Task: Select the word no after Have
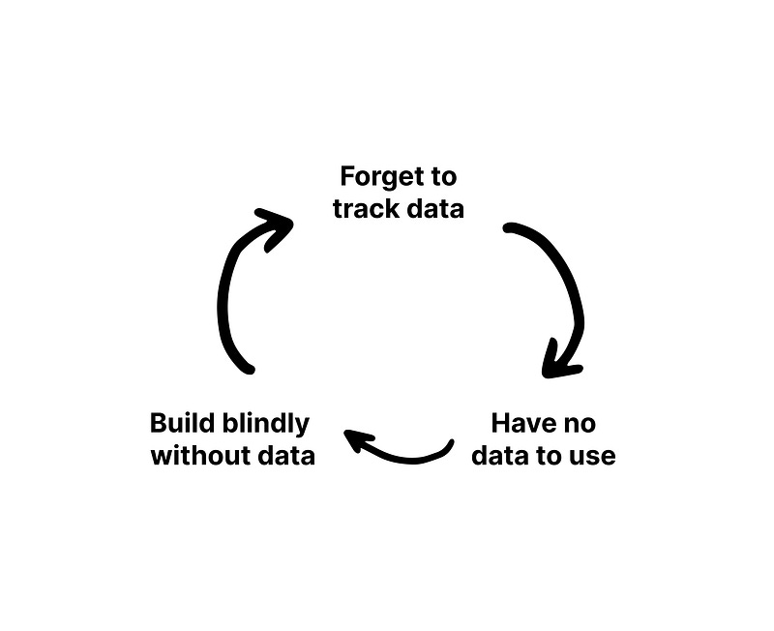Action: (581, 423)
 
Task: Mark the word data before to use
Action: (504, 455)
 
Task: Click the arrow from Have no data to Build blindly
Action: (406, 453)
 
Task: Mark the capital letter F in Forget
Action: (347, 177)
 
